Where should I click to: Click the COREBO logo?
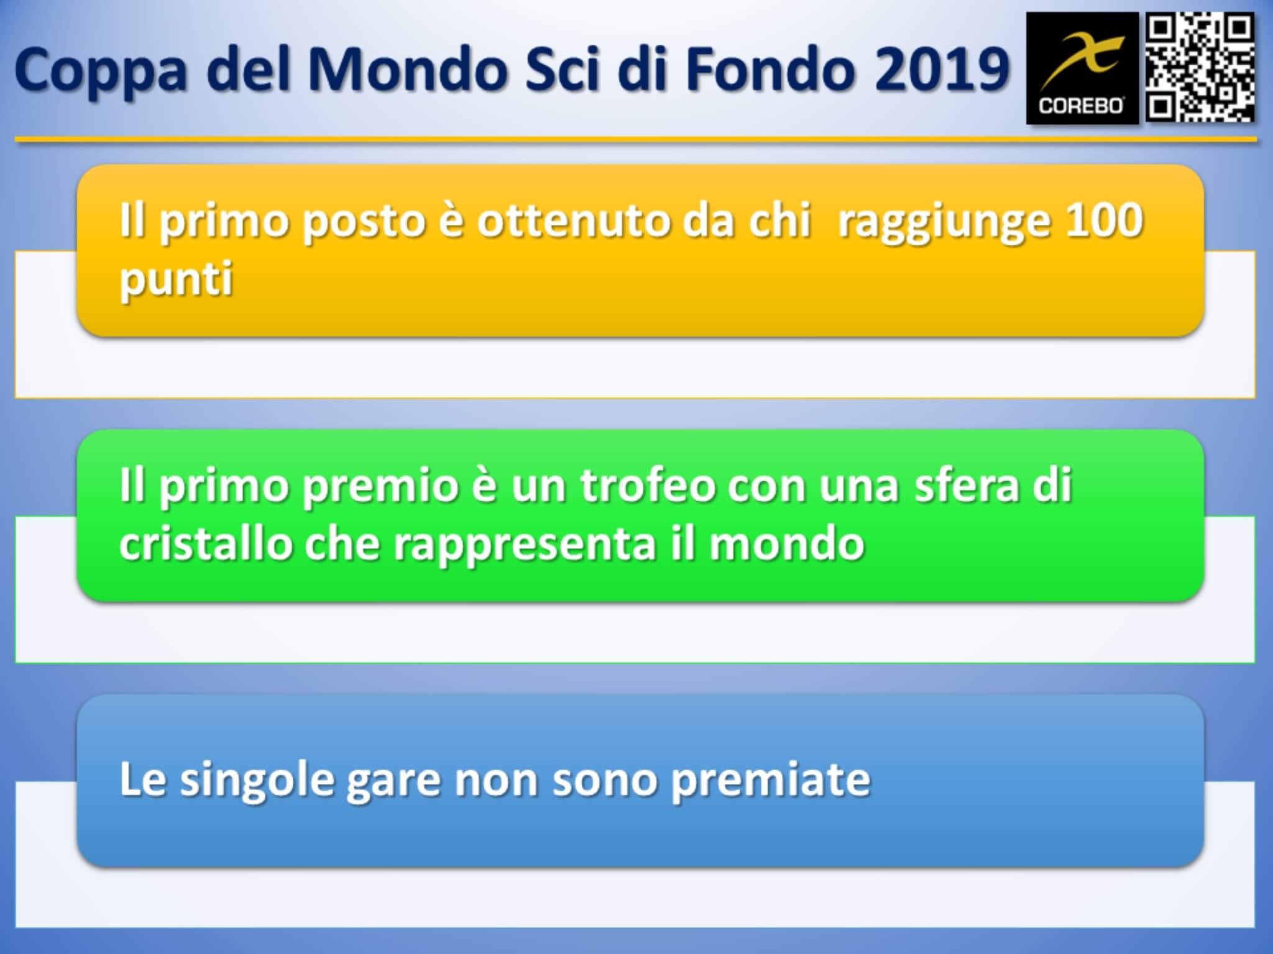click(x=1082, y=68)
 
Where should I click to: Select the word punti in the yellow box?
click(x=177, y=279)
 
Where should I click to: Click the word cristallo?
click(x=206, y=544)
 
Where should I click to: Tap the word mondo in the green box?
click(x=787, y=544)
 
